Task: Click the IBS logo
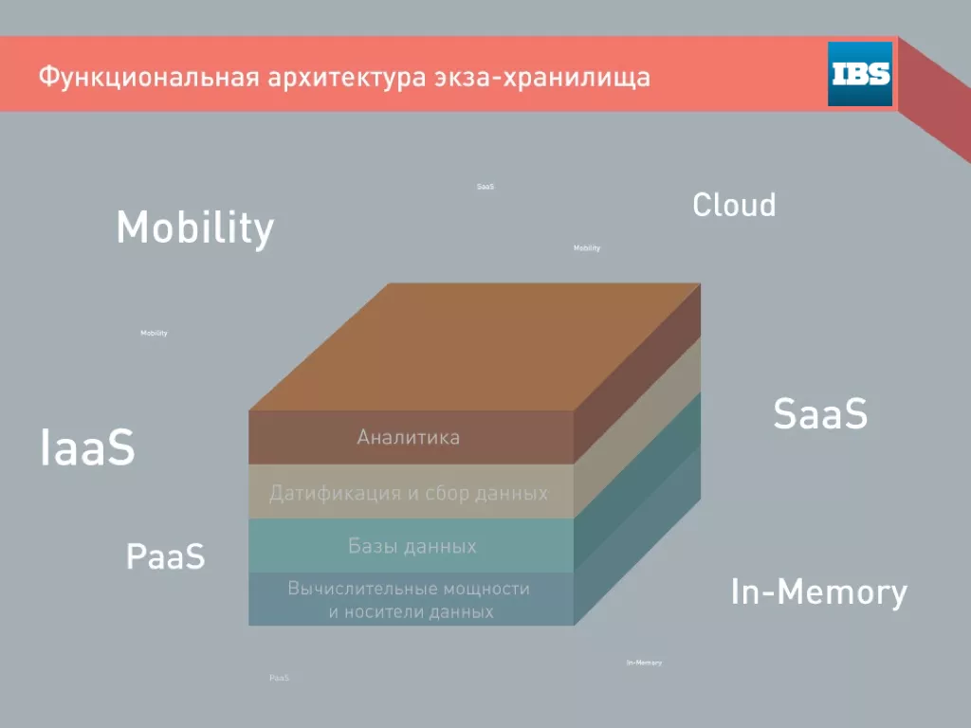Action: [859, 74]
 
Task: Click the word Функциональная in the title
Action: [149, 78]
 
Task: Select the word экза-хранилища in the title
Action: [542, 78]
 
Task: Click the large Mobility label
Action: [195, 227]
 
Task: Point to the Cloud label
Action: [734, 205]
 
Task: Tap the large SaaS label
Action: [820, 413]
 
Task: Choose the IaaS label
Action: [87, 447]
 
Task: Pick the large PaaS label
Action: [165, 555]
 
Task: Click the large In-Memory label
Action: [818, 592]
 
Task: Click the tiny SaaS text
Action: [485, 187]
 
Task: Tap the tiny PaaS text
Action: [280, 678]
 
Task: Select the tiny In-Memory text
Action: [644, 663]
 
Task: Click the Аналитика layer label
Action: [409, 438]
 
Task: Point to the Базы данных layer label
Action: [412, 546]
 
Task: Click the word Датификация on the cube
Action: [336, 493]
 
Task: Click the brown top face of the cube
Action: [474, 347]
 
